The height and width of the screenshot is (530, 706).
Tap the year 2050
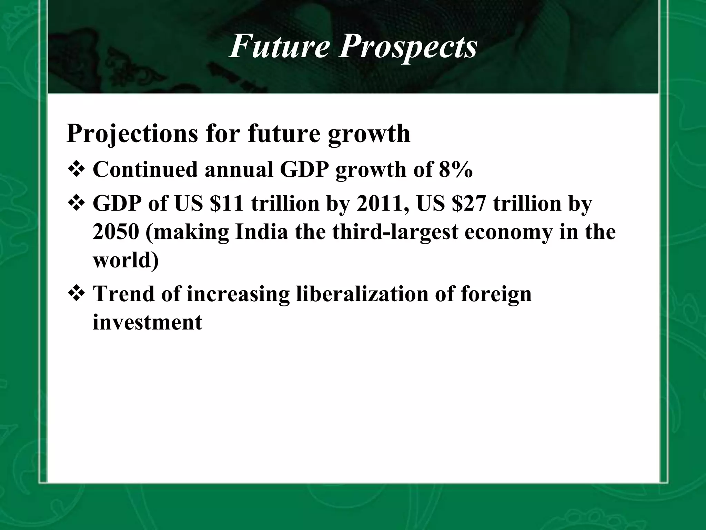point(116,232)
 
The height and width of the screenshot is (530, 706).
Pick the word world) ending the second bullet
point(126,260)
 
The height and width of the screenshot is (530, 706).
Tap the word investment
point(147,322)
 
